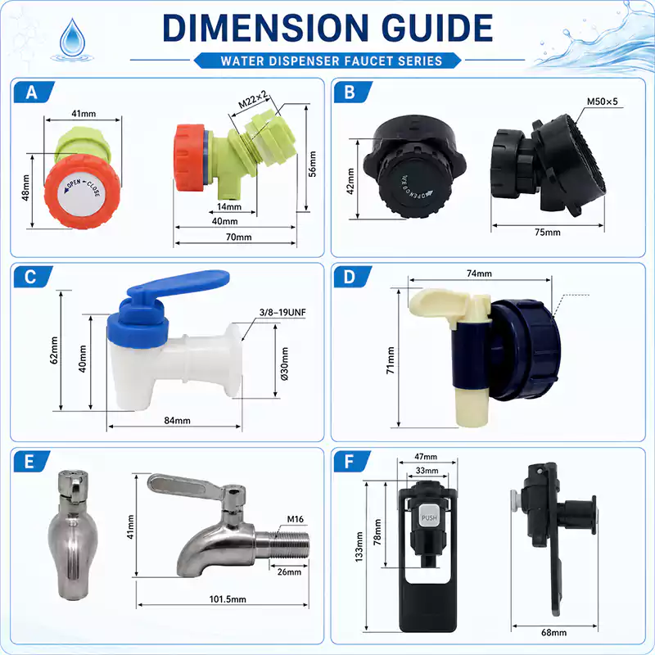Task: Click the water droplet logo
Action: coord(72,38)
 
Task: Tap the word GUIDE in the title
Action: coord(437,28)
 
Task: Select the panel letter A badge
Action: coord(34,93)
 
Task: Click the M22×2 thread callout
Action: coord(253,100)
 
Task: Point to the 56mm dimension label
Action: coord(313,165)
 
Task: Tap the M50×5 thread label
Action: coord(602,102)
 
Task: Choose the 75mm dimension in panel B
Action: coord(548,232)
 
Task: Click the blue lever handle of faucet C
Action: coord(178,283)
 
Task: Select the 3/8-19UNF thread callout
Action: coord(282,312)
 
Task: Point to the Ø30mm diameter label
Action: coord(284,364)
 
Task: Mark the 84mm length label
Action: coord(177,420)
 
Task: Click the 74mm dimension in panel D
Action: coord(479,273)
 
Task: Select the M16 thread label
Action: coord(296,519)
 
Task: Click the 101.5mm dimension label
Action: coord(228,599)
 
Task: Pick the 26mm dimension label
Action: coord(289,571)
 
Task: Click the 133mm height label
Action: coord(359,546)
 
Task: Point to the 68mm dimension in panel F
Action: coord(554,632)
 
